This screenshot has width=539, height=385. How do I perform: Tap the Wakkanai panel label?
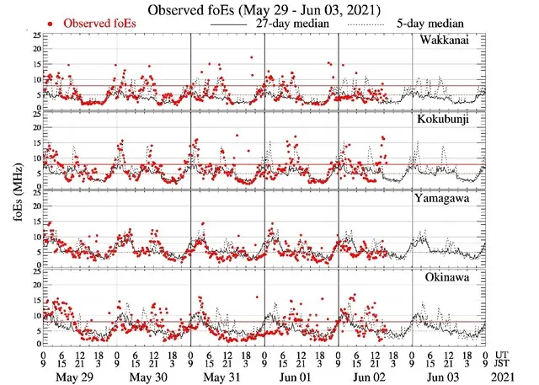pos(458,40)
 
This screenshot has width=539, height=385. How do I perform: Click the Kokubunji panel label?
pos(456,120)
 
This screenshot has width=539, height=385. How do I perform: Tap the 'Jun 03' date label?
pos(447,377)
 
